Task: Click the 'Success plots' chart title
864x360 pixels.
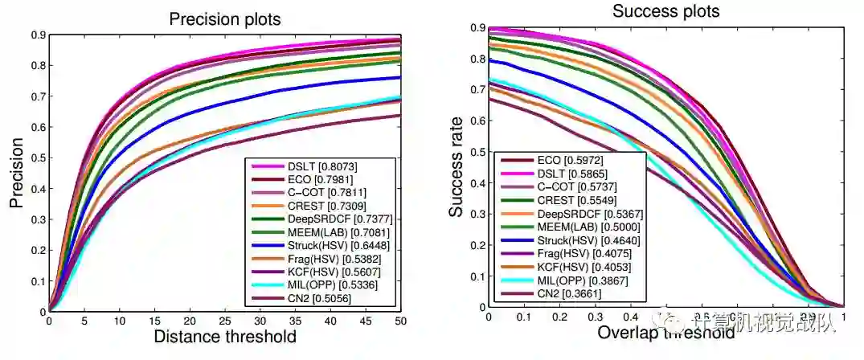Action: (x=665, y=11)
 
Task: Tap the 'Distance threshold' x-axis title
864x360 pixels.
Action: (x=224, y=336)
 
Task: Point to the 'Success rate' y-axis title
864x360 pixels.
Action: (x=457, y=167)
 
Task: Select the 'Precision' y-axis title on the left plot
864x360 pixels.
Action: (x=15, y=174)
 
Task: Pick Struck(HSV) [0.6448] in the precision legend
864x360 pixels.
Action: (x=330, y=246)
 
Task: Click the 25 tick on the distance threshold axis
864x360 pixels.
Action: (x=224, y=320)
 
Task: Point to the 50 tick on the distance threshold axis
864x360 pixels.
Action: (x=399, y=320)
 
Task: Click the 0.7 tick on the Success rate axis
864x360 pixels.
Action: (x=475, y=89)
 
